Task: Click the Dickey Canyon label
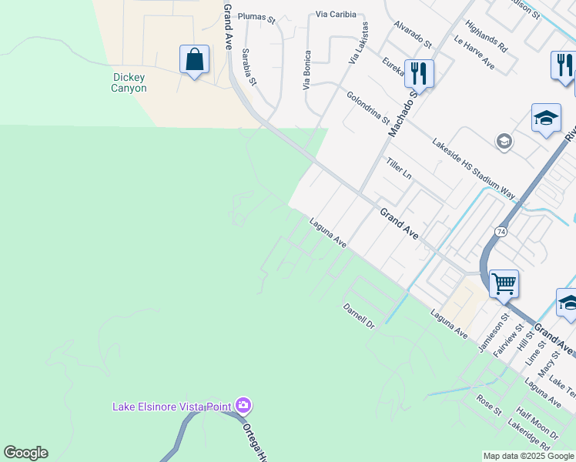point(129,82)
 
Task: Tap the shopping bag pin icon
point(194,60)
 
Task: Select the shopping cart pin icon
point(504,283)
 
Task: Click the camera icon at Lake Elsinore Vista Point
point(243,404)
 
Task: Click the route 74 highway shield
point(501,231)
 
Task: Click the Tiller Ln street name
point(399,169)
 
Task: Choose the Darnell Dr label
point(358,316)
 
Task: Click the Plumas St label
point(256,16)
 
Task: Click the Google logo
point(25,453)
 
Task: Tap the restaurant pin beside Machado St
point(419,74)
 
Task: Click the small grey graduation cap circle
point(504,142)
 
